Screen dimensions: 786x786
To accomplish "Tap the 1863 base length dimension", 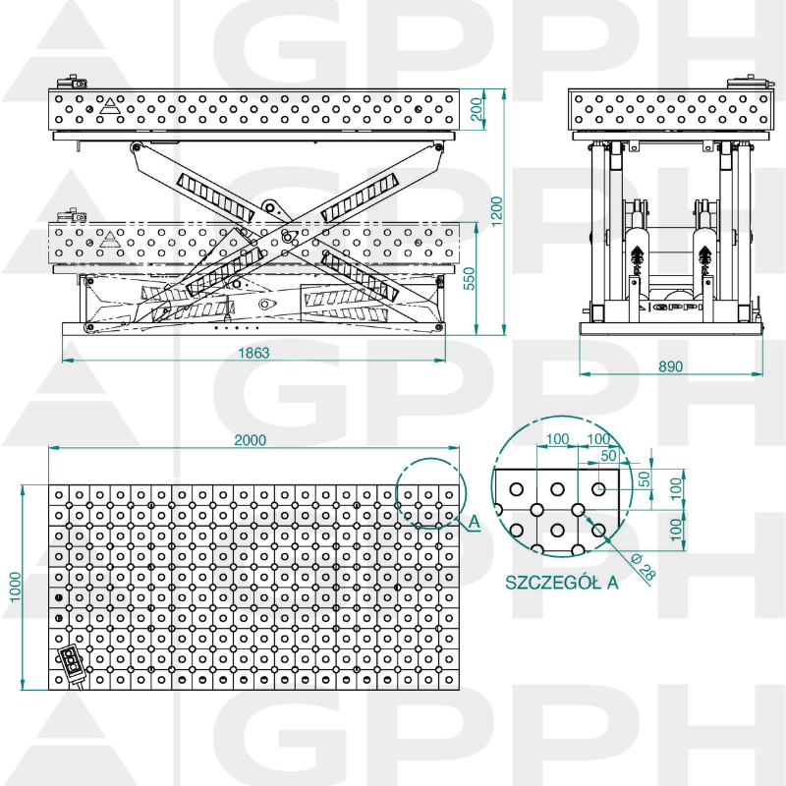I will [x=253, y=352].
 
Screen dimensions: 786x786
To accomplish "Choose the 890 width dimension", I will [x=670, y=366].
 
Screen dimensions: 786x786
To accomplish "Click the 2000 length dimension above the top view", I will [x=251, y=441].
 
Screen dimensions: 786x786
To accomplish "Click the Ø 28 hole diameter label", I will [x=644, y=567].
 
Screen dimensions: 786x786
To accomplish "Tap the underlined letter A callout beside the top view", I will [x=474, y=524].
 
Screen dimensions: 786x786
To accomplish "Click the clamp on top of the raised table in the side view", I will [x=74, y=84].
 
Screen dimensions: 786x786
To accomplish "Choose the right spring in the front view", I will [x=704, y=257].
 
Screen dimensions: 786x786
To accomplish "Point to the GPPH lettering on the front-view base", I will [x=679, y=307].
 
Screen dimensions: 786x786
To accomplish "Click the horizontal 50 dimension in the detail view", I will [x=607, y=456].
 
